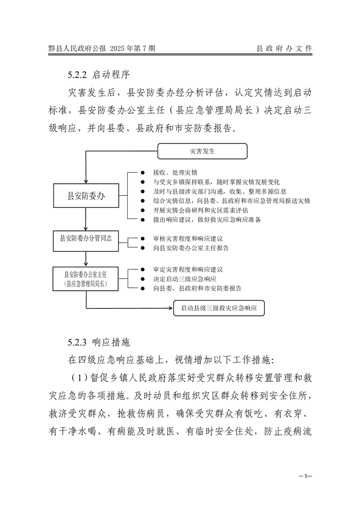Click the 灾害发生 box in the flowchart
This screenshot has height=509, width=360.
click(202, 151)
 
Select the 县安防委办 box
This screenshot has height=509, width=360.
click(86, 196)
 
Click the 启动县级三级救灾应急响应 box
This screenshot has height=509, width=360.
click(219, 308)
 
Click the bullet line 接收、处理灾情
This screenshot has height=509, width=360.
click(175, 173)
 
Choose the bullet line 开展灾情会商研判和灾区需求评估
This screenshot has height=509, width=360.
click(201, 210)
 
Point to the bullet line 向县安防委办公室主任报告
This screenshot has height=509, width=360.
click(191, 248)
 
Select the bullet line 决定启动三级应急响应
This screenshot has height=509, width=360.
click(185, 279)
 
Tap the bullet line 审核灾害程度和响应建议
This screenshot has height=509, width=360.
click(188, 238)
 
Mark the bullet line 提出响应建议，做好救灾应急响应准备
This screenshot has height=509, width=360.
click(207, 220)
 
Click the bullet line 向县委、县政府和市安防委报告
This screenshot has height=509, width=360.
click(197, 288)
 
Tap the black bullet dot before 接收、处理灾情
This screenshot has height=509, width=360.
click(142, 173)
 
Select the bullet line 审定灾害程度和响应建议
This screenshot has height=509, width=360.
click(188, 269)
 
